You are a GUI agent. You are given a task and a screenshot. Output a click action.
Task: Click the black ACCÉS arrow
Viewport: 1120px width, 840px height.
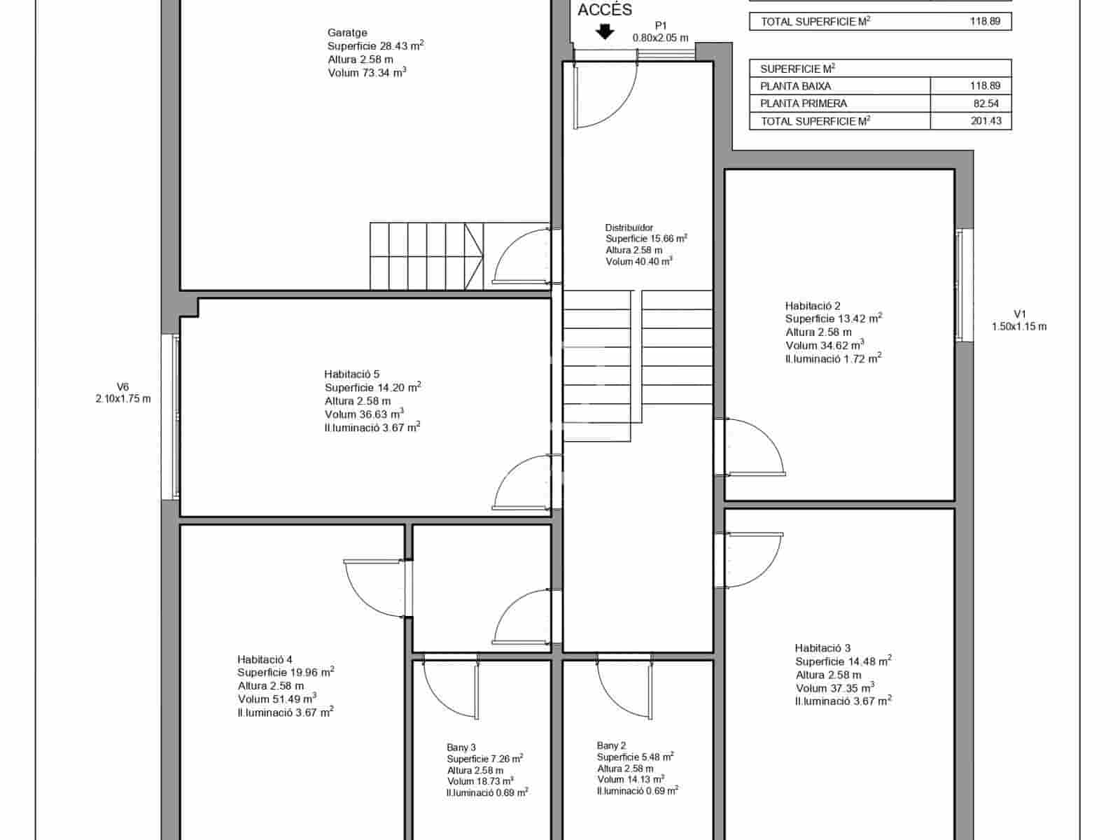point(605,32)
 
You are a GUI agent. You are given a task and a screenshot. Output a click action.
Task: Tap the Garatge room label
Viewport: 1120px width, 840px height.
point(347,33)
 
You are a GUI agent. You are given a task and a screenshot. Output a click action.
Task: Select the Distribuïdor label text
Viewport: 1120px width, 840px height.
point(629,227)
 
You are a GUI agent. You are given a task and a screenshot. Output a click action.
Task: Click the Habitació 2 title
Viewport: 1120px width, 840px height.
point(812,306)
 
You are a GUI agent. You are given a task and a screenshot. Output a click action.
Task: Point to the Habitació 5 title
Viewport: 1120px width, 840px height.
point(351,374)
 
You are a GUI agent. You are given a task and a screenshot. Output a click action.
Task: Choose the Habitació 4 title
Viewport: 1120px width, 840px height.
point(265,659)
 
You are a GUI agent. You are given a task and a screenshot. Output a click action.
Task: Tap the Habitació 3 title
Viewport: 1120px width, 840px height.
point(822,648)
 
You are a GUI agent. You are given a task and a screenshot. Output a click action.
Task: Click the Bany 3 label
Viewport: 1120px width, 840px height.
point(461,748)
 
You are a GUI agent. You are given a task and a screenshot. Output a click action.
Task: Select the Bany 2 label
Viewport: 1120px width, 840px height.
point(611,745)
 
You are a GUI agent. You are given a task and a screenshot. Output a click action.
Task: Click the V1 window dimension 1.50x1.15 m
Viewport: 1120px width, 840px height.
point(1018,327)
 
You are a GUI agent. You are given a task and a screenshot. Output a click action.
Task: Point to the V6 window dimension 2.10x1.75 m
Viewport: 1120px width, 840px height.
point(122,399)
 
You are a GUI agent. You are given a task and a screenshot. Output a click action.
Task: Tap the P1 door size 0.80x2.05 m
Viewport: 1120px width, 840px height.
point(660,38)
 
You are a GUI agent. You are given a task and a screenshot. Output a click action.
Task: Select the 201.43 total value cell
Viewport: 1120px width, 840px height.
point(986,121)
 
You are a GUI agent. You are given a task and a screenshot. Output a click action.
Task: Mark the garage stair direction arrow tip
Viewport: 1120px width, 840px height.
point(482,256)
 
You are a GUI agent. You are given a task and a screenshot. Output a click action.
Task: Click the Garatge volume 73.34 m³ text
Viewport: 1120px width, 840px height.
point(367,73)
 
